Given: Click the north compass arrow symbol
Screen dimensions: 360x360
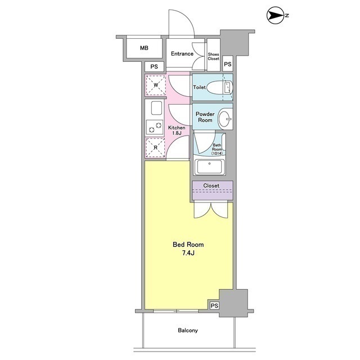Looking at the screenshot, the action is pos(276,15).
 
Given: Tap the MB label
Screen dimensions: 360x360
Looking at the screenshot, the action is pos(144,48).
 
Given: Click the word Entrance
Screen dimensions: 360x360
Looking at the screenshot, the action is pos(182,54).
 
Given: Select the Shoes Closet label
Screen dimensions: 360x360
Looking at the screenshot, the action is pos(214,56).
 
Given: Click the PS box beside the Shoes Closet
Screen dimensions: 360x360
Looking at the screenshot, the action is pos(227,64).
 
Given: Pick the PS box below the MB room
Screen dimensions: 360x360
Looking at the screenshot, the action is pos(154,66).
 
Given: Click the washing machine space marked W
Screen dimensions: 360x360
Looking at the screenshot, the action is pos(156,85).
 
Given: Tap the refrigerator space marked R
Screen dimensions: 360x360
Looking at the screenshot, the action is pos(155,147).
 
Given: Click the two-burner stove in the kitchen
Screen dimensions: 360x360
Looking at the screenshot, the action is pos(155,127).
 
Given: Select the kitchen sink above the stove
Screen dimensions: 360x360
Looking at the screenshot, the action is pos(156,108).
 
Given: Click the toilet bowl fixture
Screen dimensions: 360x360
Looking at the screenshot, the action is pos(220,88).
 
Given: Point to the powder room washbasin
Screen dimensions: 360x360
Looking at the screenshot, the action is pos(225,119).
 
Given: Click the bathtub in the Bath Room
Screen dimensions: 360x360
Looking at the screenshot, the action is pos(209,167).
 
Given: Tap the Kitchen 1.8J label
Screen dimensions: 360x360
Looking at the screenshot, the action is pos(177,130).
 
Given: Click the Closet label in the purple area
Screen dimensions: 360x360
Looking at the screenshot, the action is pos(211,186).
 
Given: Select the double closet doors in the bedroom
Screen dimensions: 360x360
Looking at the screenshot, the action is pos(211,210).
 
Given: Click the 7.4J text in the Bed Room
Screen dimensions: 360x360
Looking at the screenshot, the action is pos(188,253).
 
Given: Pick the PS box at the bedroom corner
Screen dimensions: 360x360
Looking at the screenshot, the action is pos(214,306).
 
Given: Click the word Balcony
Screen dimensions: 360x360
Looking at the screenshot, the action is pos(188,330).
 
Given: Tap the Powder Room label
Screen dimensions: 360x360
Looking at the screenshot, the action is pos(205,117).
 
